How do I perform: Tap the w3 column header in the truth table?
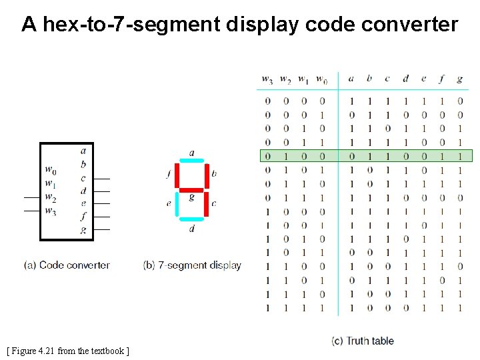(x=267, y=79)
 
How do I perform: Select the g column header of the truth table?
(x=459, y=79)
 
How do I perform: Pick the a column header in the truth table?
(x=351, y=79)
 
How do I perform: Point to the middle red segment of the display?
(x=192, y=189)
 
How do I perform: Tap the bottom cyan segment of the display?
(x=192, y=218)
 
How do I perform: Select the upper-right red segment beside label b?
(x=206, y=175)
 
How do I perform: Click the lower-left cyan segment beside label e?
(x=177, y=203)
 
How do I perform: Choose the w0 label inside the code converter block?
(x=51, y=170)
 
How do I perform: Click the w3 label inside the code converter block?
(x=51, y=211)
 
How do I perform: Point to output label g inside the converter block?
(x=83, y=229)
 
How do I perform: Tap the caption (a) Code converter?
(x=67, y=265)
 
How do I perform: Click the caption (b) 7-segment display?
(x=192, y=265)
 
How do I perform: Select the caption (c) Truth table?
(x=363, y=341)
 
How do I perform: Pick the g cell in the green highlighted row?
(x=459, y=156)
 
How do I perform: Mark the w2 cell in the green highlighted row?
(x=285, y=156)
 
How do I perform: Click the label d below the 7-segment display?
(x=192, y=229)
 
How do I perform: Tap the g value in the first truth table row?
(x=459, y=101)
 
